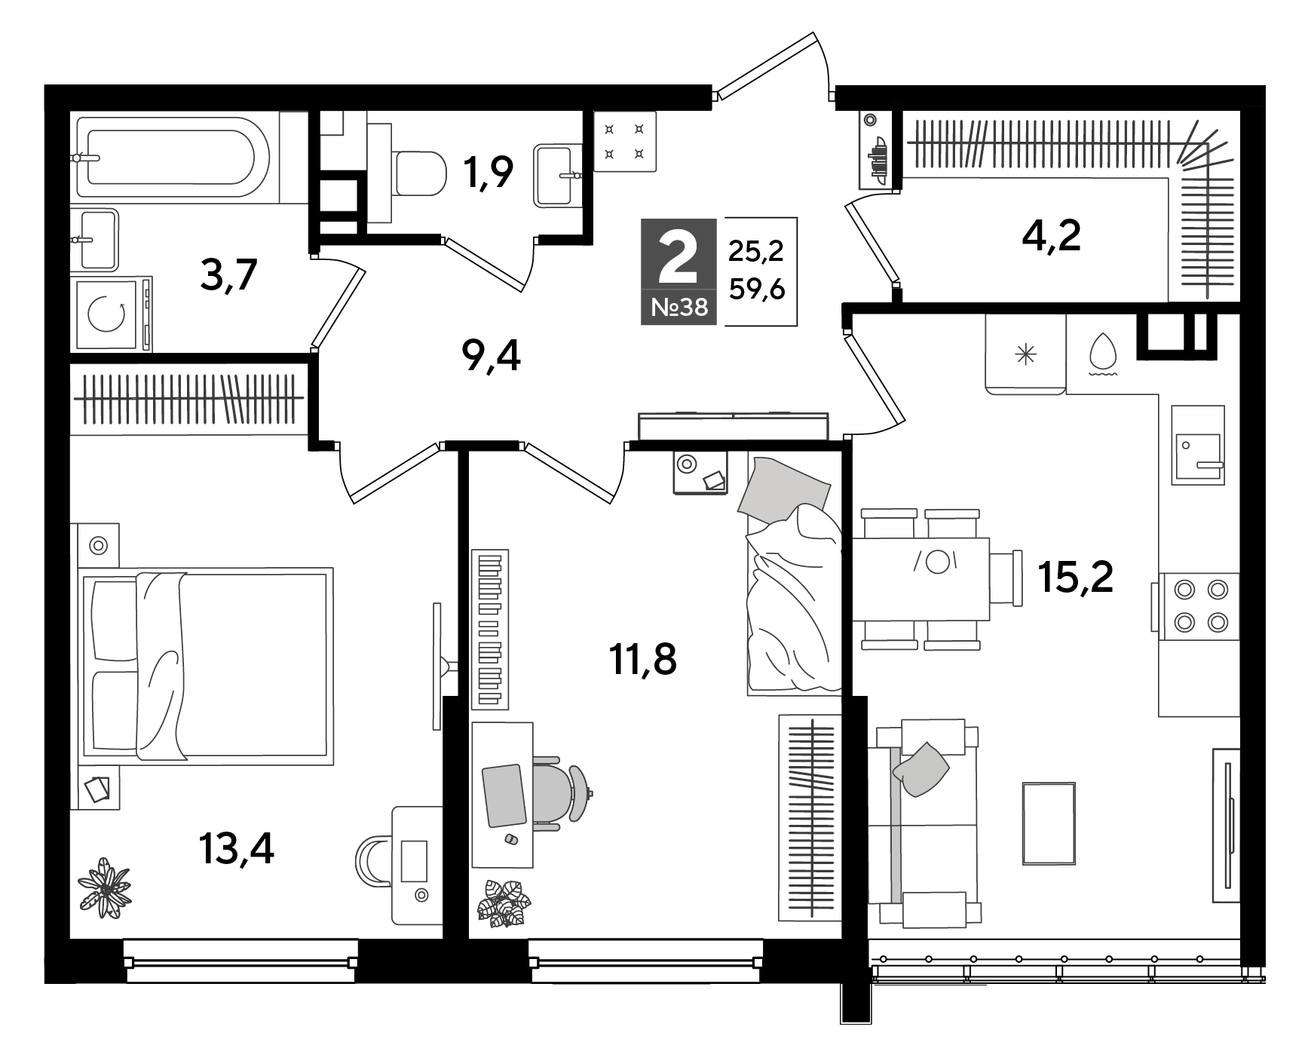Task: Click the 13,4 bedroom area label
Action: (x=236, y=848)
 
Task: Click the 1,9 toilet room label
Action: (x=489, y=172)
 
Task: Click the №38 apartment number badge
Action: (x=679, y=308)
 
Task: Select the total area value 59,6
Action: (x=756, y=289)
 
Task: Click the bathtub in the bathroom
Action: (x=178, y=157)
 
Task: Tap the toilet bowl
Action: (x=418, y=173)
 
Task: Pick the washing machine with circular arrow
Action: (x=112, y=314)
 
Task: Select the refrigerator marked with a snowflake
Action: (x=1025, y=354)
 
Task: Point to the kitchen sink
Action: (x=1197, y=445)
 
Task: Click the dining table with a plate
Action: (x=921, y=578)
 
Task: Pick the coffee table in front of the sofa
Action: (x=1049, y=823)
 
